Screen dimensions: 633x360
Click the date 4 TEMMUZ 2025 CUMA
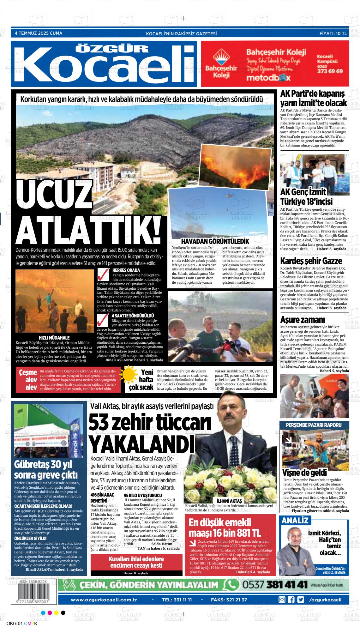(39, 33)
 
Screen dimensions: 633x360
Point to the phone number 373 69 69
(330, 71)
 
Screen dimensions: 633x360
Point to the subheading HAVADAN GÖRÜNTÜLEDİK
(213, 241)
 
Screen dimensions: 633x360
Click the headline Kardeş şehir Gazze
(311, 261)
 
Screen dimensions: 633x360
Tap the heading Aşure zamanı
(302, 320)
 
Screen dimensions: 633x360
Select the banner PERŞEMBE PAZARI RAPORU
(314, 425)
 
